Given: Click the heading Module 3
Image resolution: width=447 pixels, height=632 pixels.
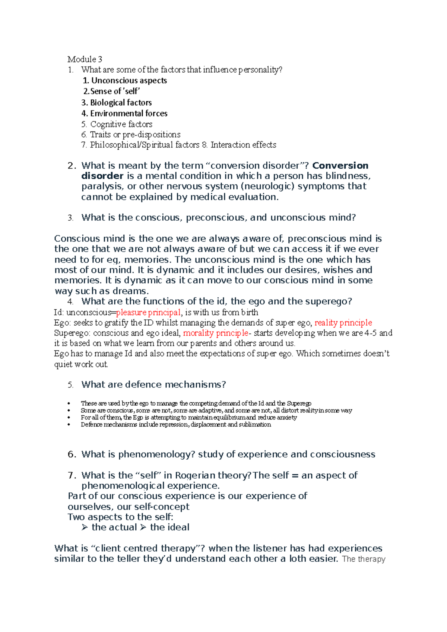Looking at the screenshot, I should (x=85, y=59).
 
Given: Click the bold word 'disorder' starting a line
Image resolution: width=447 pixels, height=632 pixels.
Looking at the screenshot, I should (x=102, y=176).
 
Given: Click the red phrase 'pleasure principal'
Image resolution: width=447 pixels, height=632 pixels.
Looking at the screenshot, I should (x=148, y=312).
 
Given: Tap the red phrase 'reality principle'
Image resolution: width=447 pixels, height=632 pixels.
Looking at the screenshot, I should (x=343, y=323).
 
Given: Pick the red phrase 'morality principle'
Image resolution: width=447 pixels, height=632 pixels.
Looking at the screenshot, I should (x=215, y=333).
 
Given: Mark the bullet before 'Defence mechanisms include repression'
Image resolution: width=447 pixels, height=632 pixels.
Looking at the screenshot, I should (x=69, y=425).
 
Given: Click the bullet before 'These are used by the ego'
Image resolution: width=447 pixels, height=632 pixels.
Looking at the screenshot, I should (x=69, y=403).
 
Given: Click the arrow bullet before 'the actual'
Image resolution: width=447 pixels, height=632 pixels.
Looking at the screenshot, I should (x=85, y=527).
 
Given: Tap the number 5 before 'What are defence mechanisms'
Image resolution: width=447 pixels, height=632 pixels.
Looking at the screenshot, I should (x=70, y=385).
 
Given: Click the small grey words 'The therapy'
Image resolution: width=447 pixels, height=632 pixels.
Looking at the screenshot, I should (x=364, y=559).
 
